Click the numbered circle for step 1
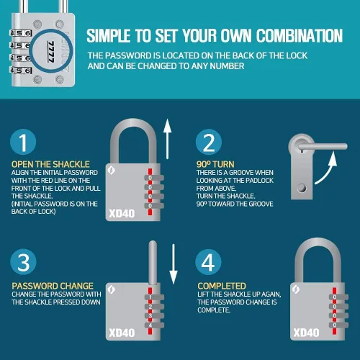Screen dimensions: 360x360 [23, 142]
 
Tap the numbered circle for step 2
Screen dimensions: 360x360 [209, 142]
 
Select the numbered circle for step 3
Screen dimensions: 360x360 [23, 262]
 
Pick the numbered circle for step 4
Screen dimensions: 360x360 [208, 262]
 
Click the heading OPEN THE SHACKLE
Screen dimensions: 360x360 [50, 164]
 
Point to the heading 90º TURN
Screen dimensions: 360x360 [215, 164]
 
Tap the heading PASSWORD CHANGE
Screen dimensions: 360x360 [53, 286]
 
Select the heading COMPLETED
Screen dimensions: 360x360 [222, 286]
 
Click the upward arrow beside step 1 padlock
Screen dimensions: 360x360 [167, 139]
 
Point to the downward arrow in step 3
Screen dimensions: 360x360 [174, 264]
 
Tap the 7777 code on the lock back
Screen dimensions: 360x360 [51, 52]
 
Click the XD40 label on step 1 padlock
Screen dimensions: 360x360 [122, 213]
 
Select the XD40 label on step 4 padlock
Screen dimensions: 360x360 [307, 333]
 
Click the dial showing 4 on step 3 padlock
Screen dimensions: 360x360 [154, 325]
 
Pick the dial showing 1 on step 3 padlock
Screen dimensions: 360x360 [154, 297]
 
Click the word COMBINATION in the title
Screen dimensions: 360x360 [300, 36]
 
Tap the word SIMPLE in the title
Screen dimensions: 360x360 [109, 36]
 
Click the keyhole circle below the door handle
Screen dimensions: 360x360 [302, 188]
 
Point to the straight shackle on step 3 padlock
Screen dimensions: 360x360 [153, 263]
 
